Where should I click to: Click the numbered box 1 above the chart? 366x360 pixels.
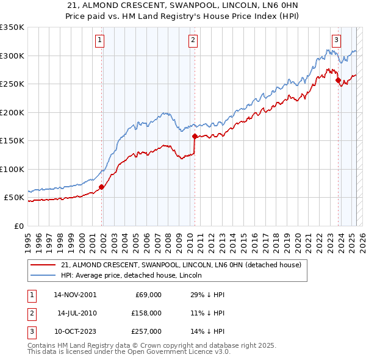tap(99, 41)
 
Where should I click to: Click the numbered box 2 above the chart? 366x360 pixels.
tap(193, 41)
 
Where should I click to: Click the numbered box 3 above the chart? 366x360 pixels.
tap(336, 41)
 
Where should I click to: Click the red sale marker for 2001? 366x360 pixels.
tap(102, 187)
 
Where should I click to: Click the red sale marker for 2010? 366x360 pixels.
tap(195, 137)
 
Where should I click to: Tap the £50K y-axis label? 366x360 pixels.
tap(13, 198)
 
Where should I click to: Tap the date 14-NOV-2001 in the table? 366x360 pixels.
tap(75, 295)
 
